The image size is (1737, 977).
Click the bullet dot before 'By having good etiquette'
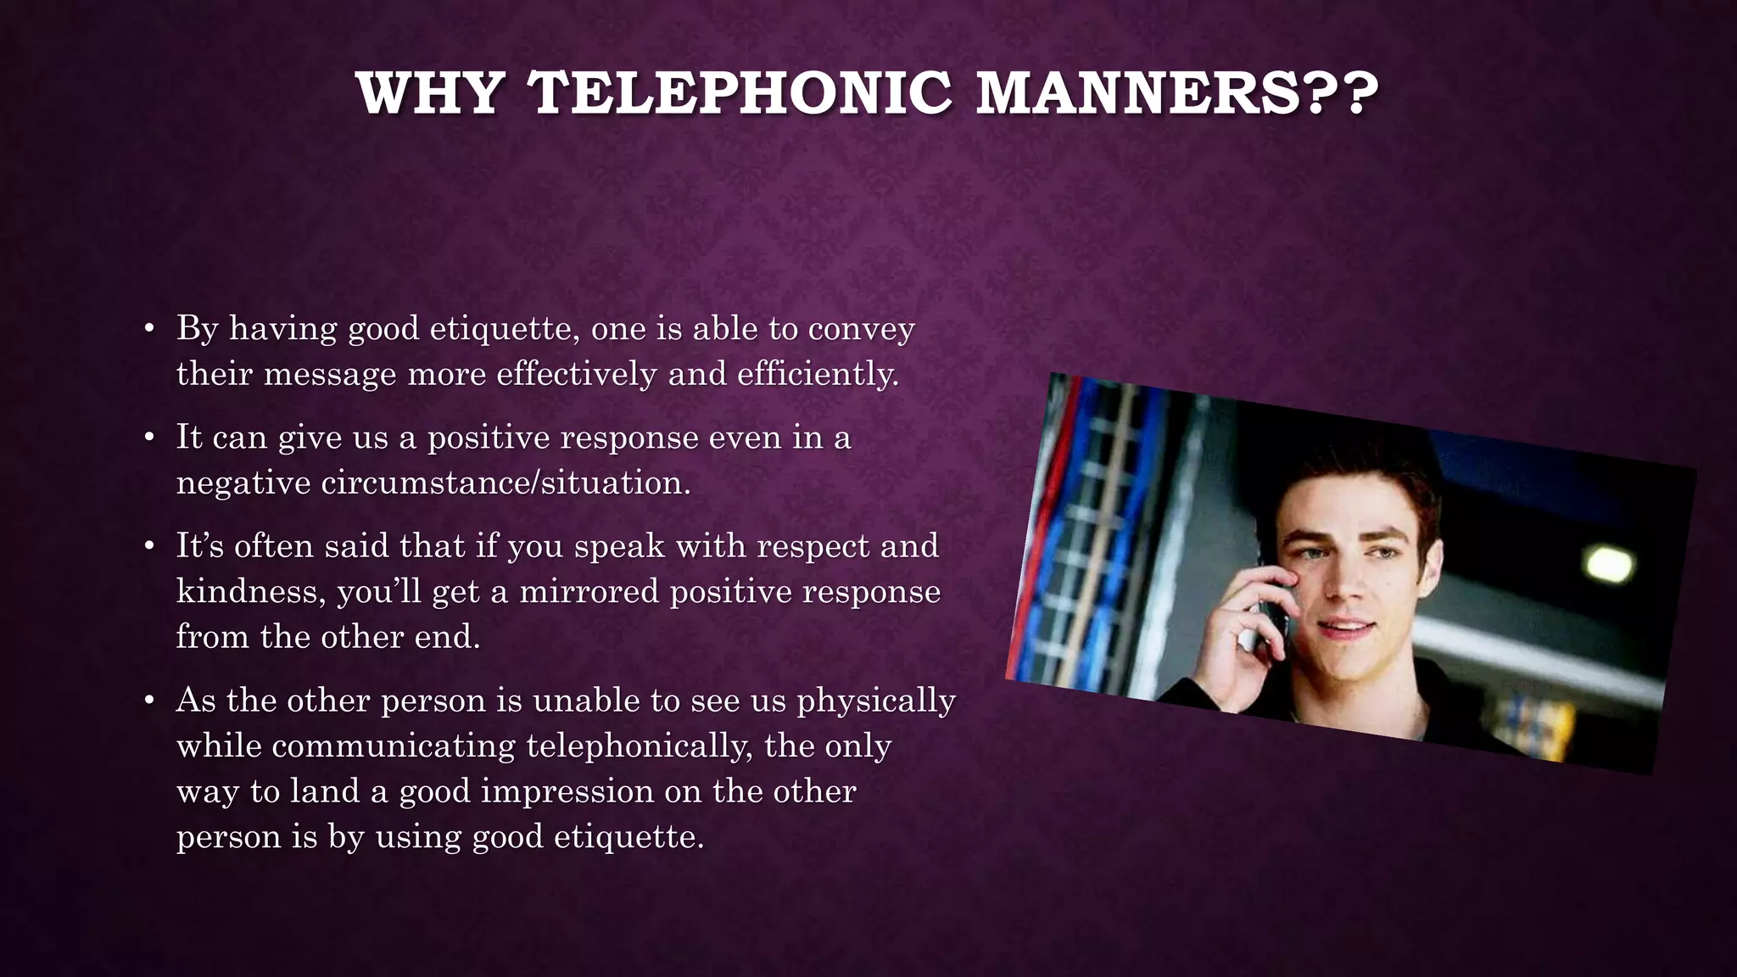pos(149,329)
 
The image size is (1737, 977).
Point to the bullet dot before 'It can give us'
pos(149,438)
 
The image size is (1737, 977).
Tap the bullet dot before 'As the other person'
pos(149,701)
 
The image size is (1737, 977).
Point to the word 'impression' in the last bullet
pos(567,791)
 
